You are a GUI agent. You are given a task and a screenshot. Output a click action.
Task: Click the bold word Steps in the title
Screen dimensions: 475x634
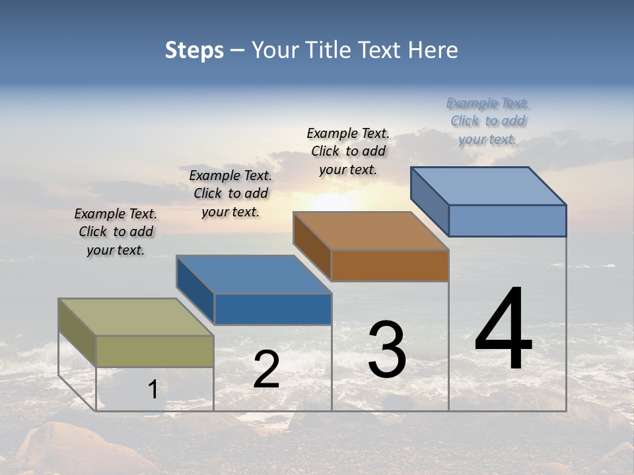point(194,50)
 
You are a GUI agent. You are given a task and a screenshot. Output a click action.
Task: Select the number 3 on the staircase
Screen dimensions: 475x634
point(386,349)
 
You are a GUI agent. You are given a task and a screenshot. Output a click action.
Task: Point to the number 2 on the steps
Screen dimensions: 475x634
point(266,369)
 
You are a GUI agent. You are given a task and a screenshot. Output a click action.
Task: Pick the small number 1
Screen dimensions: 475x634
point(153,389)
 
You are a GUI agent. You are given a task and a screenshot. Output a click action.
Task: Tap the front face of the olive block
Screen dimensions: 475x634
point(155,351)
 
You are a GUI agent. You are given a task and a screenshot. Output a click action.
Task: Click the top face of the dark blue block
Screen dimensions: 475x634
point(254,274)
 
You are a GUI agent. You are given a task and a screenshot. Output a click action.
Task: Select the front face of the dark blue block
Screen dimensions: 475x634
point(273,309)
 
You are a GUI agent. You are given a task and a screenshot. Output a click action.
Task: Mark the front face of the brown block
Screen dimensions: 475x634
point(390,265)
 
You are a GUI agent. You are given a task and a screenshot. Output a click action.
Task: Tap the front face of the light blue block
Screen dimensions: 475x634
point(507,220)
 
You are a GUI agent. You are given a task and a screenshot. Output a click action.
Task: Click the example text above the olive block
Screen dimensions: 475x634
point(116,232)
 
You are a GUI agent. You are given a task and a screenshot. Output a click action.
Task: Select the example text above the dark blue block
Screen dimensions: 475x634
point(230,193)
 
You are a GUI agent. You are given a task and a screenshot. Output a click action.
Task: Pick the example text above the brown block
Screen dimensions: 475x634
point(348,151)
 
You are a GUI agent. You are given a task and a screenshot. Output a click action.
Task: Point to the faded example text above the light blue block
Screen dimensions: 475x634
point(487,121)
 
